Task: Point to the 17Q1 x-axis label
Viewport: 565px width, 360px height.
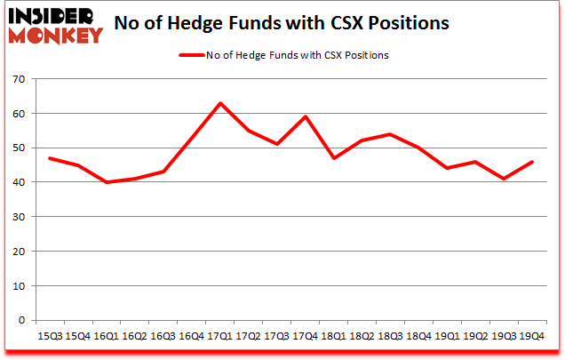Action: pos(219,336)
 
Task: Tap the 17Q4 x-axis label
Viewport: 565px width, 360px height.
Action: pos(305,336)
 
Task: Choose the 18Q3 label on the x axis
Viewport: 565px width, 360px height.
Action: pos(390,336)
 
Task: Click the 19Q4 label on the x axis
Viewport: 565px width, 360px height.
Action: pos(532,336)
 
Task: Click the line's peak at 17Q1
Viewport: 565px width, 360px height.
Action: pos(219,103)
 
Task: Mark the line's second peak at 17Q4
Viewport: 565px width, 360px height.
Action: pos(305,116)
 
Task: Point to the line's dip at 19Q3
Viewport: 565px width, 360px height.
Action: pos(504,179)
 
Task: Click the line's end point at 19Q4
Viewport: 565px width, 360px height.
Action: pos(532,162)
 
